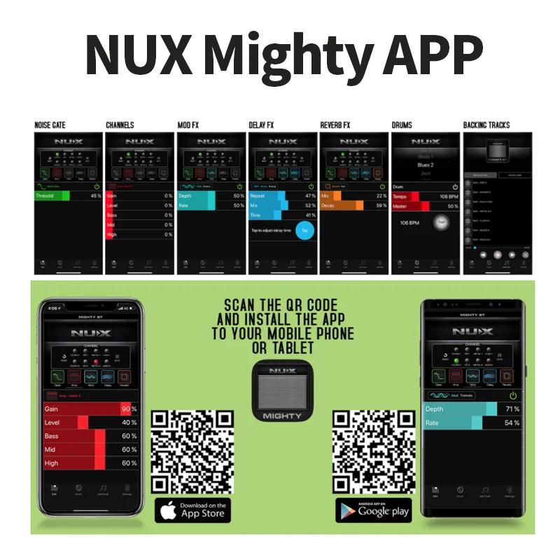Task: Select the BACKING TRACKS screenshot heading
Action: click(x=486, y=125)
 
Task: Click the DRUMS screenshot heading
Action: click(x=402, y=125)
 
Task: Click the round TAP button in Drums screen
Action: click(x=440, y=223)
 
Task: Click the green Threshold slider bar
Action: click(x=52, y=196)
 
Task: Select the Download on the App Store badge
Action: click(x=192, y=509)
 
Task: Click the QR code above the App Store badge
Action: click(x=192, y=451)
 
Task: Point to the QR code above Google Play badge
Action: click(x=372, y=451)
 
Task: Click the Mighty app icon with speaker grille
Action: click(x=283, y=390)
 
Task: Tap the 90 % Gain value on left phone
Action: click(x=129, y=409)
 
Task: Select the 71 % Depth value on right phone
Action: click(x=512, y=409)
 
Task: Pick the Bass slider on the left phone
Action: click(x=73, y=436)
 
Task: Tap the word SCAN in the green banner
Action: click(x=241, y=306)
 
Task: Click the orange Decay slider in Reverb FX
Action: click(x=342, y=206)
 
